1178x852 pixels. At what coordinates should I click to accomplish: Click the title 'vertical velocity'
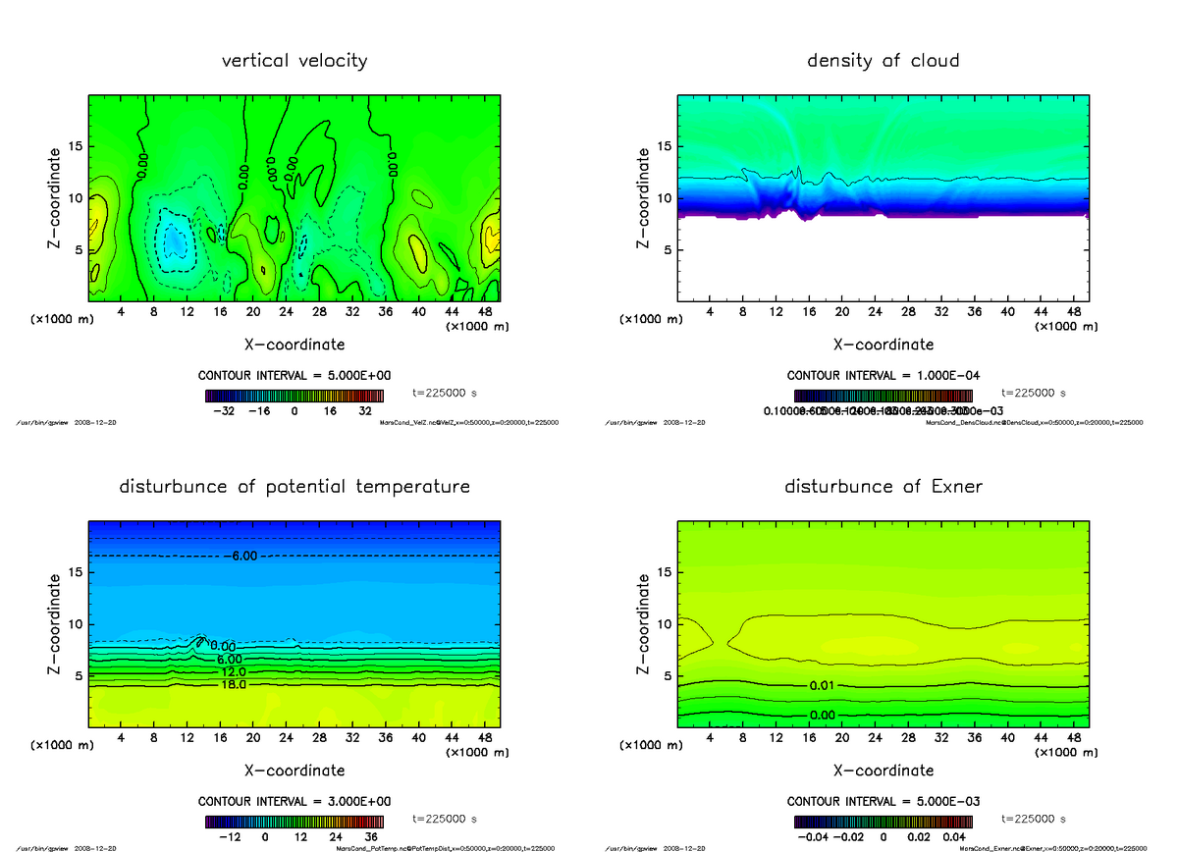point(294,61)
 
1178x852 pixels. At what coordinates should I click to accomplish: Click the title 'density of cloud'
point(883,61)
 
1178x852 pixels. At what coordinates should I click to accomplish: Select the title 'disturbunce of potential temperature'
point(294,487)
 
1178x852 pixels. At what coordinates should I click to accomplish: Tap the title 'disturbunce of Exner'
point(883,487)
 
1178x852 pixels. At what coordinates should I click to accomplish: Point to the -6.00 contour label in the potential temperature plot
point(241,556)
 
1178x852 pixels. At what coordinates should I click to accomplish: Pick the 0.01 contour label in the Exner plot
point(823,684)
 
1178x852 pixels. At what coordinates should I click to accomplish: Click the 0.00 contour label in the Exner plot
point(823,715)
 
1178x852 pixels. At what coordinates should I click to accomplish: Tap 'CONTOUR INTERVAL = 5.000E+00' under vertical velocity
point(294,376)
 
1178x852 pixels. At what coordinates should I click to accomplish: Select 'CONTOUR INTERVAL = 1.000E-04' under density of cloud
point(883,376)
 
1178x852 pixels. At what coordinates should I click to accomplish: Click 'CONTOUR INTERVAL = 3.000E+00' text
point(294,801)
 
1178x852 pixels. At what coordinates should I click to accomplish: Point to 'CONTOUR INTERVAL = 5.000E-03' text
point(883,801)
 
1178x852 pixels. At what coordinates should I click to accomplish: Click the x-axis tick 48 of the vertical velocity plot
point(484,312)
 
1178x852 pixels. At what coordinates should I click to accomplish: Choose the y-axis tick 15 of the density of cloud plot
point(664,147)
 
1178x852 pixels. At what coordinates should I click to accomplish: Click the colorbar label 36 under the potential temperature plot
point(371,837)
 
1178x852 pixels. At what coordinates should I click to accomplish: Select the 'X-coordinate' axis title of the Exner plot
point(883,771)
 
